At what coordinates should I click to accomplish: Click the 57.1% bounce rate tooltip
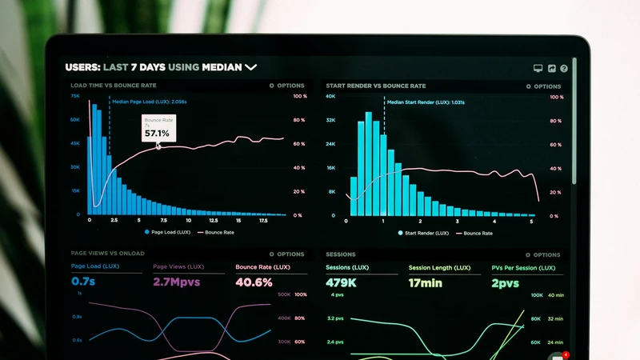(158, 129)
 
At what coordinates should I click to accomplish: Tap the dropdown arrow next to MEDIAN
(251, 68)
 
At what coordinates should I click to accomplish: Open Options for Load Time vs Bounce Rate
(287, 86)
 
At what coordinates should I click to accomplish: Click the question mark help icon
(564, 70)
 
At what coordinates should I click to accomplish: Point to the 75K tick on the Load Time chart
(75, 96)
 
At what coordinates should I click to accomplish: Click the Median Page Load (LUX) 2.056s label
(149, 102)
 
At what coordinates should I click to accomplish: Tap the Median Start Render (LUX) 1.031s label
(425, 102)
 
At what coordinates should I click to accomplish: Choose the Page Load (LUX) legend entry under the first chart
(167, 232)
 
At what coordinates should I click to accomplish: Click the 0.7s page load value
(83, 282)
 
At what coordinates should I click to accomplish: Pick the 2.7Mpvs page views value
(176, 282)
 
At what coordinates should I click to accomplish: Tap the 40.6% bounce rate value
(254, 282)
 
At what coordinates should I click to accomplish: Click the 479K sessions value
(341, 282)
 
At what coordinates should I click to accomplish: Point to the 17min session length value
(426, 282)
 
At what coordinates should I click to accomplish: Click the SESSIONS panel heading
(341, 254)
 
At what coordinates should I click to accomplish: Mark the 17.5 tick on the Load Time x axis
(263, 220)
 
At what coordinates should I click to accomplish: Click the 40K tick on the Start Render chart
(330, 97)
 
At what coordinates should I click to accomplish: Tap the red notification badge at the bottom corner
(566, 354)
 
